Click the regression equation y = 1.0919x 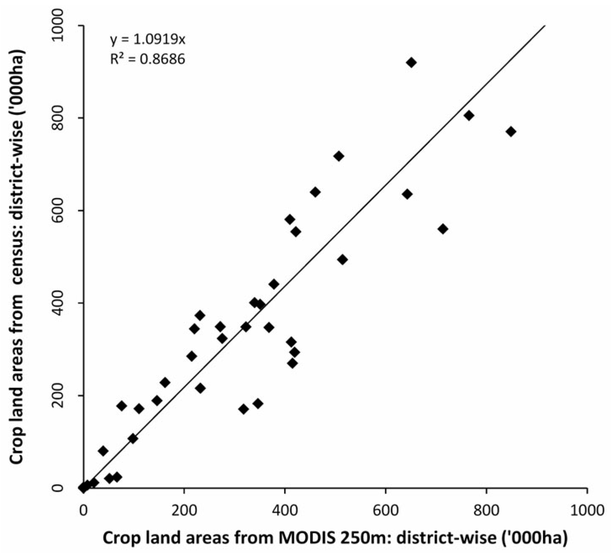(x=147, y=40)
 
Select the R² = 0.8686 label (x=147, y=59)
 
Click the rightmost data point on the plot (x=511, y=131)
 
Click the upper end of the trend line (x=545, y=26)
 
